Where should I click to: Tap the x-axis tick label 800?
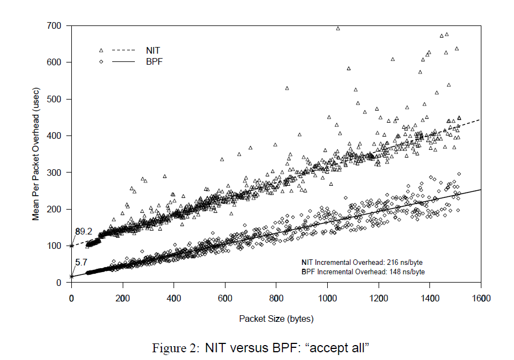[x=276, y=299]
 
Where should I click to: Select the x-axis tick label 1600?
[x=481, y=299]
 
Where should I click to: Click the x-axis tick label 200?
[x=122, y=299]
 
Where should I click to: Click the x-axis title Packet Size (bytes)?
[x=276, y=319]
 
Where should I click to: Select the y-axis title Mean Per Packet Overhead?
[x=36, y=154]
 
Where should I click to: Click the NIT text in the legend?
[x=153, y=50]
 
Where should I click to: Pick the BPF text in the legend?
[x=154, y=62]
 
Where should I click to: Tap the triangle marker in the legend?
[x=101, y=50]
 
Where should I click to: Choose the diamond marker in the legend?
[x=101, y=62]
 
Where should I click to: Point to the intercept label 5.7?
[x=81, y=264]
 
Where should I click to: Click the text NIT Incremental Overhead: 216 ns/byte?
[x=363, y=262]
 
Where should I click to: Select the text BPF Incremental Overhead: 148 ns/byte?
[x=363, y=272]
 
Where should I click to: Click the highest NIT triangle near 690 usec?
[x=338, y=29]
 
